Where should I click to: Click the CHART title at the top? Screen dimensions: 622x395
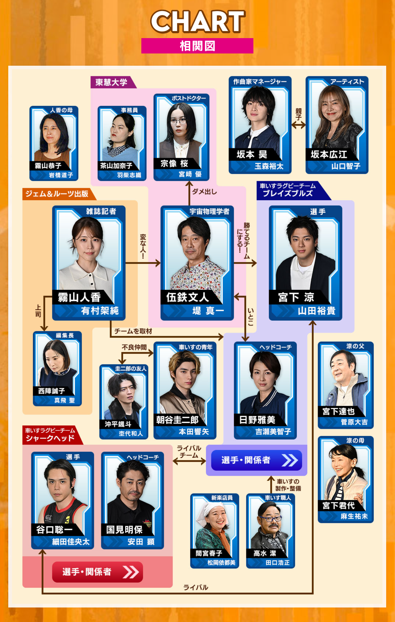(197, 21)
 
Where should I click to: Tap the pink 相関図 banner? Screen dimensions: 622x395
(197, 46)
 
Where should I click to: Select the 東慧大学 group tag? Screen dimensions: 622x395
(111, 82)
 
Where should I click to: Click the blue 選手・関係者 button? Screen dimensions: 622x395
(256, 460)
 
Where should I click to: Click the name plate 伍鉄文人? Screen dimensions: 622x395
(187, 297)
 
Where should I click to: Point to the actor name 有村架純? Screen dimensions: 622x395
(100, 311)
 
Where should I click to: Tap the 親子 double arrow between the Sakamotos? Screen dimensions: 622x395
(298, 124)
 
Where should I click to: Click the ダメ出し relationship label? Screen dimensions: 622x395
(204, 192)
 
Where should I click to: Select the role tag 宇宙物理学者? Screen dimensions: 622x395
(209, 211)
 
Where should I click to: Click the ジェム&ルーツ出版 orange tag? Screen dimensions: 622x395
(57, 194)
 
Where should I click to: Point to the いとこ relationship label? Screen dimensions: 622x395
(251, 317)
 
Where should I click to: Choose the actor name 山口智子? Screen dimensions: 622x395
(346, 166)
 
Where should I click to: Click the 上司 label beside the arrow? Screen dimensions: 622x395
(38, 311)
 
